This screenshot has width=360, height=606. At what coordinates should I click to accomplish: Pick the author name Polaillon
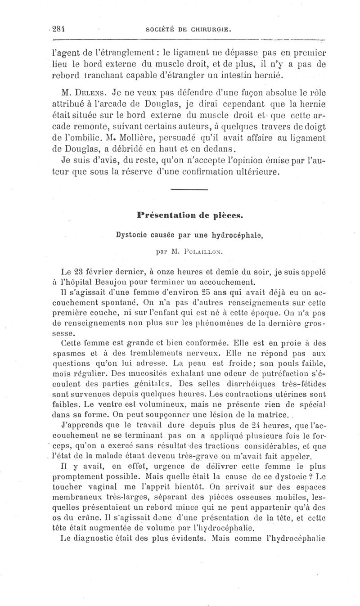tap(194, 252)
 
